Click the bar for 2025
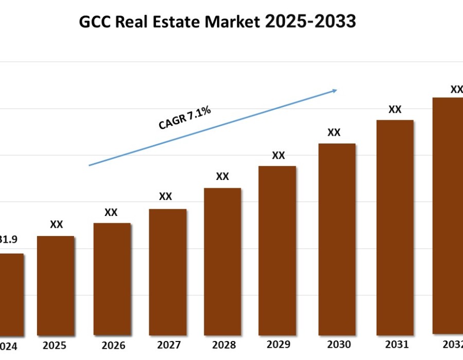56,285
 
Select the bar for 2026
112,279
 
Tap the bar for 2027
168,272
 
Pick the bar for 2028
222,261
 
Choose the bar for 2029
277,250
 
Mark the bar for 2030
337,239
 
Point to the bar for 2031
395,227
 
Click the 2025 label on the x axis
55,346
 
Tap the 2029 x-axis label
278,344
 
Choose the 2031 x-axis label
397,345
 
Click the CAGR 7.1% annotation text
185,118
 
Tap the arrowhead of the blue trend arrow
334,91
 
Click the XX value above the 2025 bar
56,225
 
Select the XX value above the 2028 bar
222,176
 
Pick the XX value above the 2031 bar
395,110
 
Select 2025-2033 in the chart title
310,22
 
